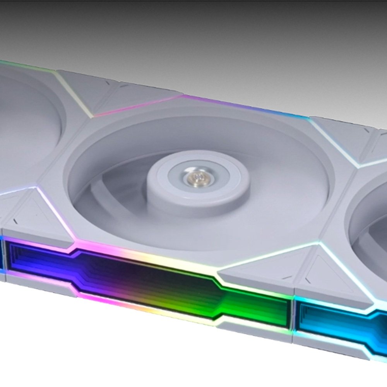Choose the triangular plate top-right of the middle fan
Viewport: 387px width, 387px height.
point(341,139)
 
